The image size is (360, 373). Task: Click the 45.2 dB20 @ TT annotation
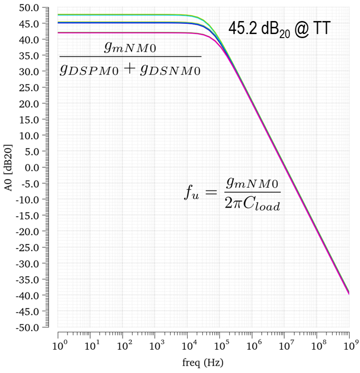(279, 29)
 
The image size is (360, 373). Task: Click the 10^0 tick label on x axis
(59, 346)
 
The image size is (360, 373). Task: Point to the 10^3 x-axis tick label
(155, 346)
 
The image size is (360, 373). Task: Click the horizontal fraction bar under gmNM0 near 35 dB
(130, 56)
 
